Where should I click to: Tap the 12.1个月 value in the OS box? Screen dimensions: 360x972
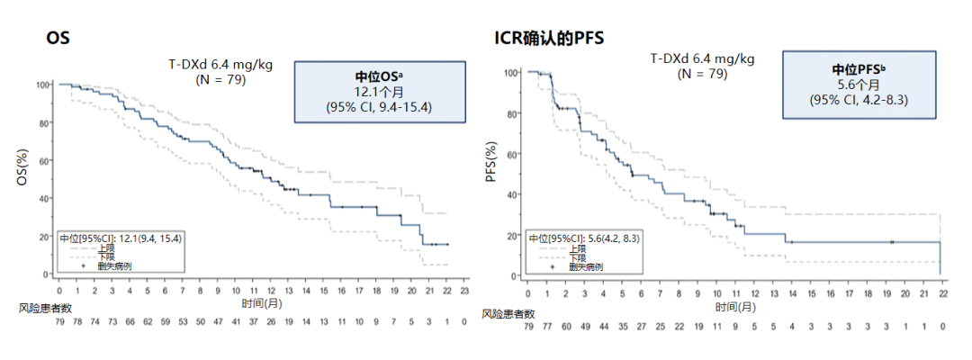tap(379, 92)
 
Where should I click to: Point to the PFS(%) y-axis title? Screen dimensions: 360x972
tap(491, 163)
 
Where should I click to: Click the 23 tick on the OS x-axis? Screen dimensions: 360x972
tap(464, 292)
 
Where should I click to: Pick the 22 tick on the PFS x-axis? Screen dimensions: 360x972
tap(941, 294)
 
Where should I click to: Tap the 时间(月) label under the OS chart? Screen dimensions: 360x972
tap(260, 305)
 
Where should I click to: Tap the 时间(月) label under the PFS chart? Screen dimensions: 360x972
tap(735, 308)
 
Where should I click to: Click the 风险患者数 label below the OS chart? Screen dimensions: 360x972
tap(40, 308)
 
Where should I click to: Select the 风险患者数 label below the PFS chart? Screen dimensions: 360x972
tap(508, 313)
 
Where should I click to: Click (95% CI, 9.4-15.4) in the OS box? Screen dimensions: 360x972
tap(379, 107)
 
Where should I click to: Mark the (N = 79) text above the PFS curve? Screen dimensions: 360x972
tap(702, 74)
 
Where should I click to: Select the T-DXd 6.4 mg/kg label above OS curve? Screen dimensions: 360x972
tap(221, 64)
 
